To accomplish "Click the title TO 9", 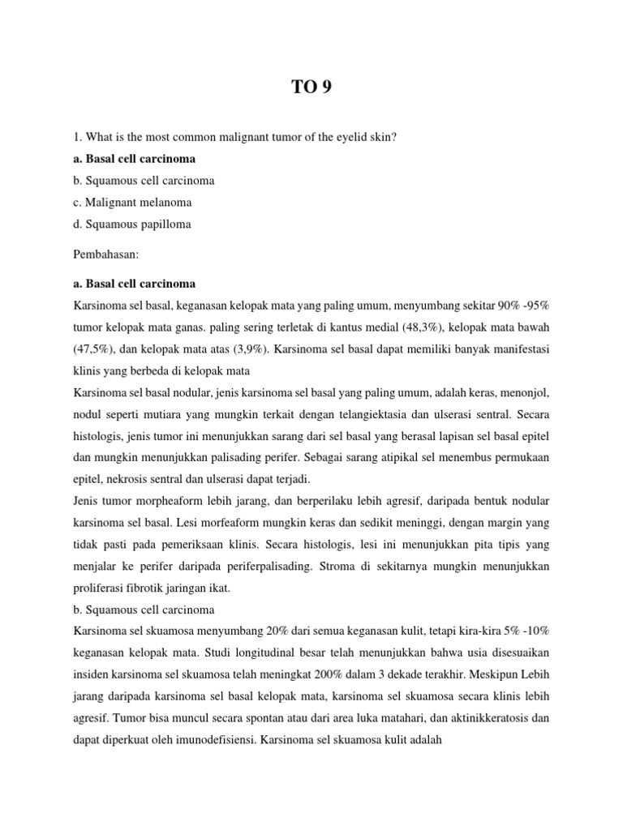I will pos(311,88).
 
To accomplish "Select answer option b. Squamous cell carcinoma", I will pos(144,180).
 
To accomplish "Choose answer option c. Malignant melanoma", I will pos(132,201).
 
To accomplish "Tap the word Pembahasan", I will pos(106,254).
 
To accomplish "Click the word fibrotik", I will pos(161,582).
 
